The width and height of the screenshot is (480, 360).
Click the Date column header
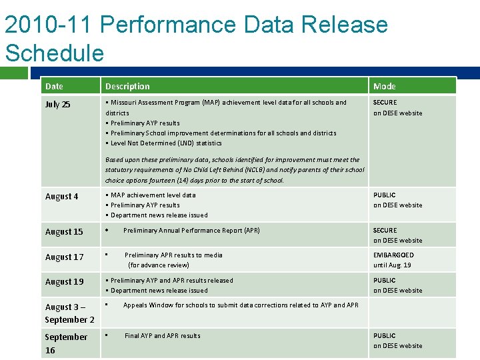pos(54,86)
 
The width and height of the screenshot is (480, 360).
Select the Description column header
pos(127,86)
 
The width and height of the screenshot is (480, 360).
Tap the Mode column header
pos(385,86)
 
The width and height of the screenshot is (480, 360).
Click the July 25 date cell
pos(57,104)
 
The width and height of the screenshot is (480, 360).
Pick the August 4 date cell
pos(61,196)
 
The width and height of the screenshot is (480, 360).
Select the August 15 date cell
pos(64,231)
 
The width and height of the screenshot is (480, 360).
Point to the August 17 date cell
pos(64,257)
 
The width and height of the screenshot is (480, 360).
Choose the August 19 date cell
pos(64,281)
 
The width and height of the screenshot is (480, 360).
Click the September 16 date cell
pos(65,343)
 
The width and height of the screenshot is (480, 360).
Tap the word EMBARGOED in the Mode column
pos(393,255)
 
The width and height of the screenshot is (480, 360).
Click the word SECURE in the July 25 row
pos(385,103)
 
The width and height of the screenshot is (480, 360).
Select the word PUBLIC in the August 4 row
pos(385,195)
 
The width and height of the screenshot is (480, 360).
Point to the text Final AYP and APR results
pos(162,336)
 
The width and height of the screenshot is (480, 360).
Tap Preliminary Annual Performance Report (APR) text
pos(191,231)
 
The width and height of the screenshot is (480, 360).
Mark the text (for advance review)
pos(159,265)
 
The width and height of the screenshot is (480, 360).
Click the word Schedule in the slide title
pos(55,53)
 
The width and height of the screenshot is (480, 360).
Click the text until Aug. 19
pos(392,265)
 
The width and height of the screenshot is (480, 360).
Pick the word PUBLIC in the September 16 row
pos(385,336)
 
